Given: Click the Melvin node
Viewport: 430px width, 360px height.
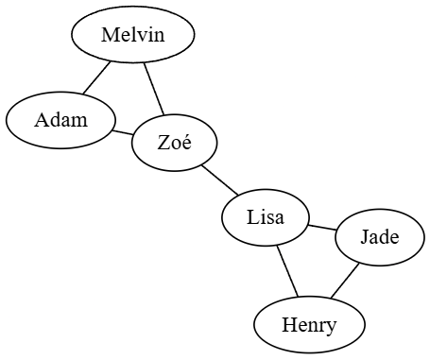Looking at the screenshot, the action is [x=133, y=36].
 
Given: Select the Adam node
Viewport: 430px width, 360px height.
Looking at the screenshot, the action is [x=60, y=120].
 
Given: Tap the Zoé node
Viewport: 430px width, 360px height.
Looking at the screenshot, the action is [x=175, y=144].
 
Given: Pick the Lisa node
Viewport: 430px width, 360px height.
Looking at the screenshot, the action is [x=266, y=217].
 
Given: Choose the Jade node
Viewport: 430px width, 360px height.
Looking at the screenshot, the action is [x=379, y=238].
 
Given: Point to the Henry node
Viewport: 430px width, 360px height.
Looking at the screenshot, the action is [x=309, y=326].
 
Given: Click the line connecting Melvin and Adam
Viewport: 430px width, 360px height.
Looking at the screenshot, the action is [x=96, y=78].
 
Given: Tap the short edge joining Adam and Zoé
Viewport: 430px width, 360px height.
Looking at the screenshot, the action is [x=124, y=131].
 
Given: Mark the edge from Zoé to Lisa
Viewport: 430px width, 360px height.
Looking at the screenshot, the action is [x=219, y=180].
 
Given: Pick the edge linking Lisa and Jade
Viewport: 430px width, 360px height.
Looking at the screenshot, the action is [x=322, y=227].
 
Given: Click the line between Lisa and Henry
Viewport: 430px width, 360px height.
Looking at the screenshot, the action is [x=287, y=270].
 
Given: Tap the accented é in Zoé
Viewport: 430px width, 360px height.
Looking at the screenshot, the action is [x=186, y=145].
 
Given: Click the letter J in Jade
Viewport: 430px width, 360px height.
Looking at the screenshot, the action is [x=364, y=238].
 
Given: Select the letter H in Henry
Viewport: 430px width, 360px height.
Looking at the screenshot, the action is [x=288, y=326].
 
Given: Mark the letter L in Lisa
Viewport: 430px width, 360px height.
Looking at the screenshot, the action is [x=252, y=217].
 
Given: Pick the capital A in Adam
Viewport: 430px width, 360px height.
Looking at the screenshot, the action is [x=43, y=120].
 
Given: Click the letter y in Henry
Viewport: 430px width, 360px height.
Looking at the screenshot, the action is [x=331, y=328].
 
